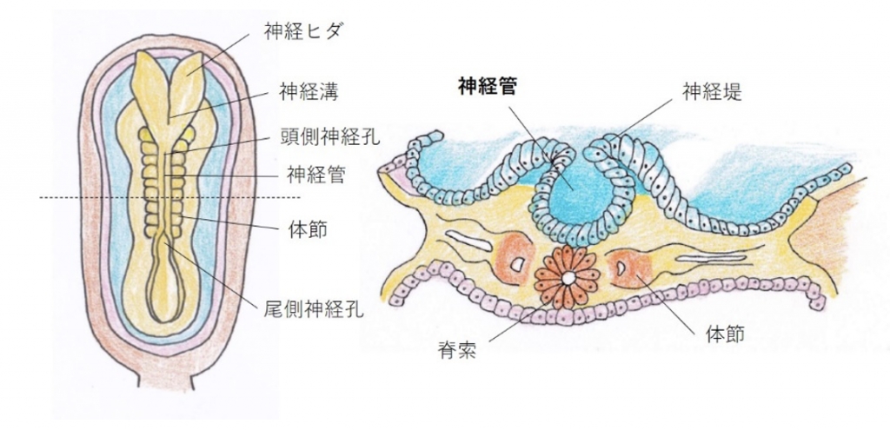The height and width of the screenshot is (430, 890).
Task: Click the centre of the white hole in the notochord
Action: click(568, 278)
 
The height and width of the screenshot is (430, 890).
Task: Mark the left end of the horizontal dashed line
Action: click(40, 198)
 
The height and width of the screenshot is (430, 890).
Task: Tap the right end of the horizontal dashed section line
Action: click(300, 198)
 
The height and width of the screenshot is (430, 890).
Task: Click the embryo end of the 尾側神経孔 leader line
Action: click(165, 241)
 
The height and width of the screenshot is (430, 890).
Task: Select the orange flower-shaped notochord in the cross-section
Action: click(568, 278)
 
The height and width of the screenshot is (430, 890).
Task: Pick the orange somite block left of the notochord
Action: click(515, 261)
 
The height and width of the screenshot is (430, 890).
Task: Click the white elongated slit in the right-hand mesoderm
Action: click(701, 259)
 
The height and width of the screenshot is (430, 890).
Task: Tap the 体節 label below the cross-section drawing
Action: click(725, 334)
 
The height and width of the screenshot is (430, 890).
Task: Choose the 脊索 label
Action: click(457, 351)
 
